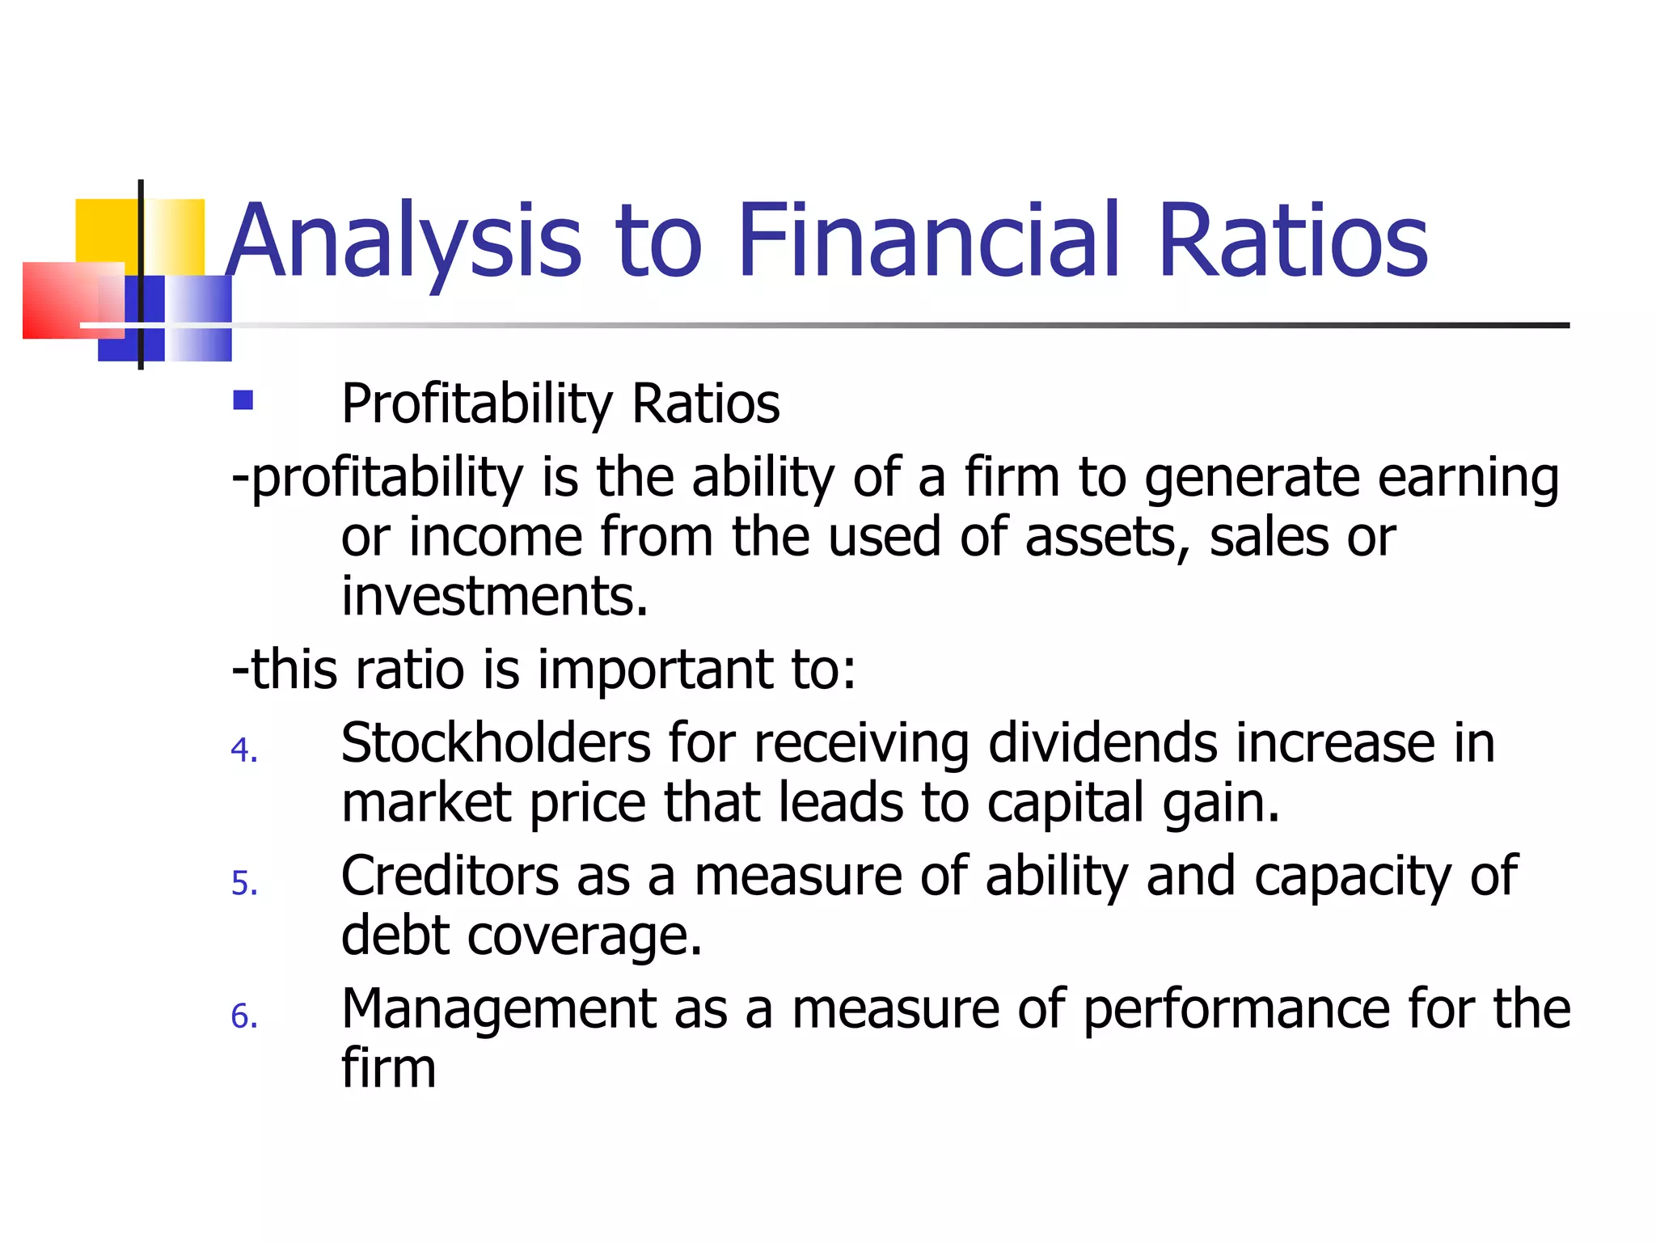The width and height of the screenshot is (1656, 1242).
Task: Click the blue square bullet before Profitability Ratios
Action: [x=243, y=400]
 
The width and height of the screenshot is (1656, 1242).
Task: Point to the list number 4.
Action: [x=243, y=750]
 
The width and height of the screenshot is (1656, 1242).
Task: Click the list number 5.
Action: [x=243, y=883]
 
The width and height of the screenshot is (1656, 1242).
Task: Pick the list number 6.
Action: [x=243, y=1016]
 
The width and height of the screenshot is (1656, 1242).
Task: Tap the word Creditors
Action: [x=450, y=876]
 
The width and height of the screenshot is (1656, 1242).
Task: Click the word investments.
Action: [x=494, y=596]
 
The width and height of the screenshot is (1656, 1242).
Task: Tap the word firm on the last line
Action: [x=388, y=1068]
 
